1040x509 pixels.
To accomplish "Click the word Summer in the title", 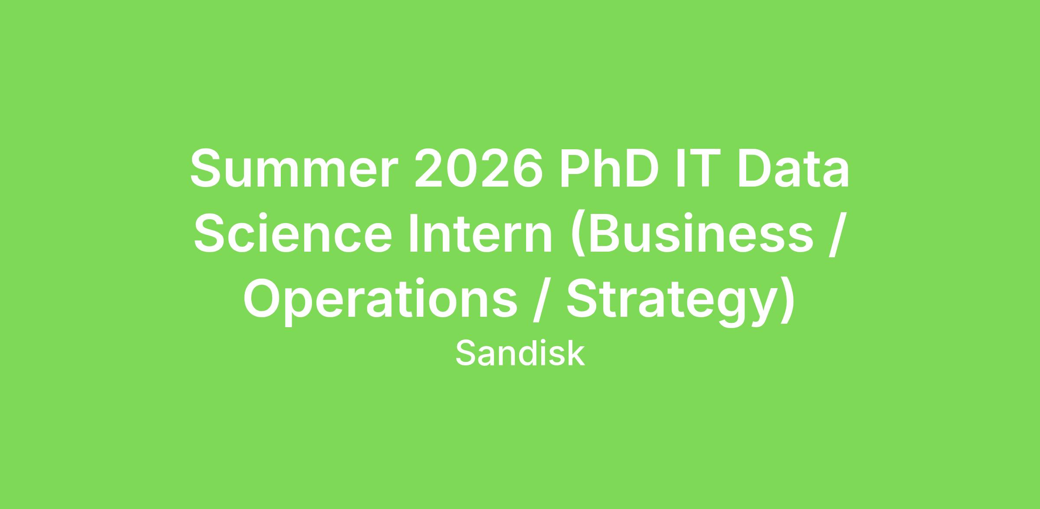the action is (294, 168).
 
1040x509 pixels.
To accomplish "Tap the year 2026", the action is (479, 168).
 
